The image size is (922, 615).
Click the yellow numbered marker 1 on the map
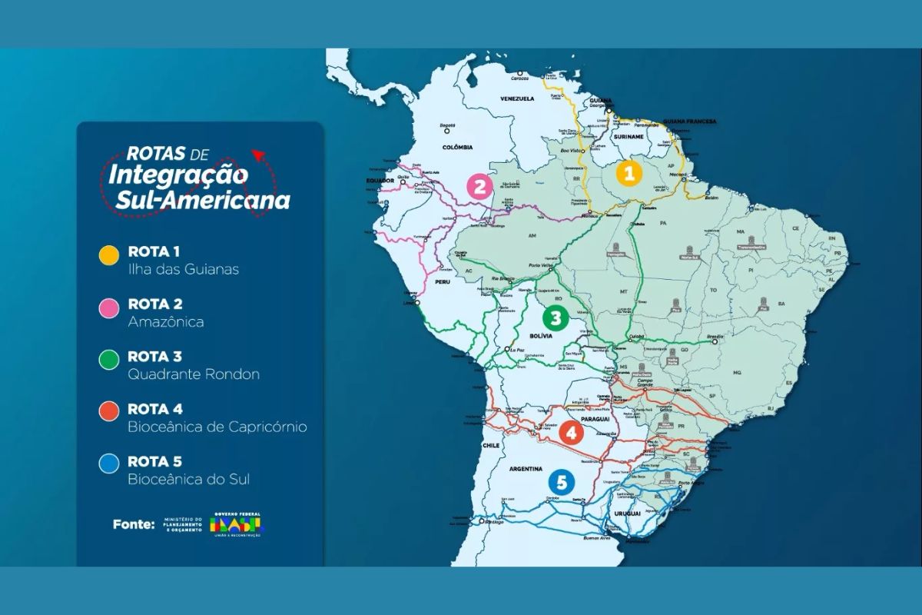click(628, 174)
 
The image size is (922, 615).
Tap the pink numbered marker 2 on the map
click(479, 186)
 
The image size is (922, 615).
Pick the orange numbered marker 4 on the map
click(571, 434)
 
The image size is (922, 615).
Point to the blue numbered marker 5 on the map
click(562, 483)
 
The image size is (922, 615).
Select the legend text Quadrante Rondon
click(194, 374)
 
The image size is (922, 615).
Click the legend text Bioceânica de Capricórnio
click(217, 427)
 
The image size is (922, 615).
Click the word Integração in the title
click(177, 174)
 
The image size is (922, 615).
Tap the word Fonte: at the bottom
click(134, 525)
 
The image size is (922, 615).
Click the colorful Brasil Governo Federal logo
click(237, 525)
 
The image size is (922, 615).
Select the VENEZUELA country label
click(516, 99)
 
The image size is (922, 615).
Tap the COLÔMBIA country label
click(456, 146)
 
